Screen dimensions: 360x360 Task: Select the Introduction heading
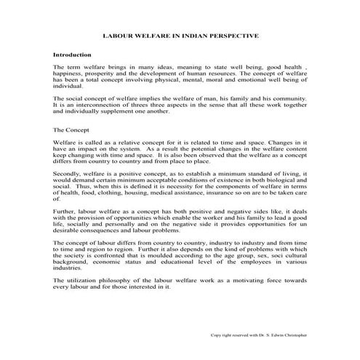(72, 55)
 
